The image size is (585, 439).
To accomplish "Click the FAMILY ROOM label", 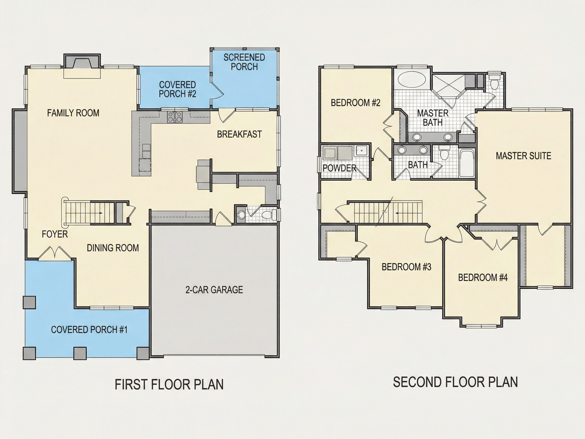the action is click(73, 113).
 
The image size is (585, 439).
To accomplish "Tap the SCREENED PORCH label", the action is click(244, 62).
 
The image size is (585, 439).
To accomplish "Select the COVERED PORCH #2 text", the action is click(177, 89).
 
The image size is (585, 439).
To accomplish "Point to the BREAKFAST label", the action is click(239, 134).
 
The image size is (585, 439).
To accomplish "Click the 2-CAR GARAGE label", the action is click(214, 290).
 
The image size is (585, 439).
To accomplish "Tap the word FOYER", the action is click(55, 234).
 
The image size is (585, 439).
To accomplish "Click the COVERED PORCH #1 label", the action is click(89, 330).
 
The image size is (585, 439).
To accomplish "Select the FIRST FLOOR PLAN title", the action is click(169, 384).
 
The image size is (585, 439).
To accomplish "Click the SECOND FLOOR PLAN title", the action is click(455, 382).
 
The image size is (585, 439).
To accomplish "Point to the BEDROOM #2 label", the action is click(356, 102).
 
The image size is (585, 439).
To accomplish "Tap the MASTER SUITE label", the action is click(523, 156).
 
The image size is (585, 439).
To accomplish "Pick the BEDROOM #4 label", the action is click(483, 277).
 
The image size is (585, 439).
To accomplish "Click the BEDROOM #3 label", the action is click(407, 267).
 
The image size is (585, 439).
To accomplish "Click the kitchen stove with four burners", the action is click(175, 117).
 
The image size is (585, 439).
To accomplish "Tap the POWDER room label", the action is click(340, 168).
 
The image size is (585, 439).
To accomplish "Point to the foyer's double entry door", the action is click(55, 253).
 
